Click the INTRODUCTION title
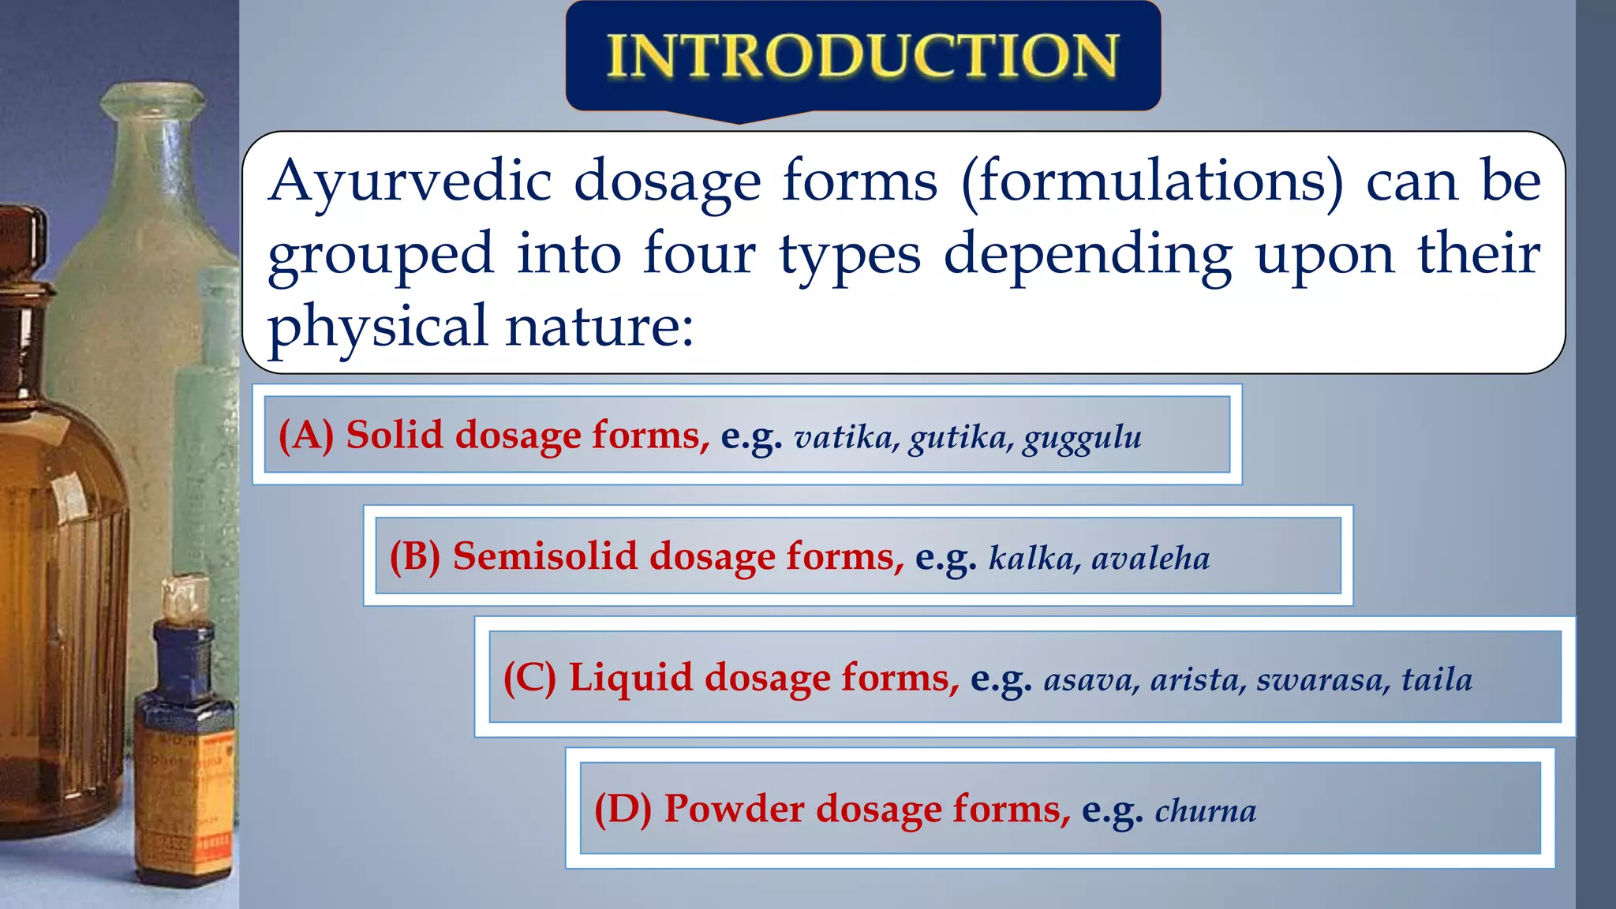(x=862, y=57)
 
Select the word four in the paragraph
(x=699, y=254)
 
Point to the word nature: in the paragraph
(x=600, y=327)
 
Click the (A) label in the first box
(x=306, y=436)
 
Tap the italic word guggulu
(x=1083, y=438)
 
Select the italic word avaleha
(x=1150, y=559)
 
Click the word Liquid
(x=630, y=678)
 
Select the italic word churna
(x=1206, y=811)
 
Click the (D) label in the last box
(x=623, y=810)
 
